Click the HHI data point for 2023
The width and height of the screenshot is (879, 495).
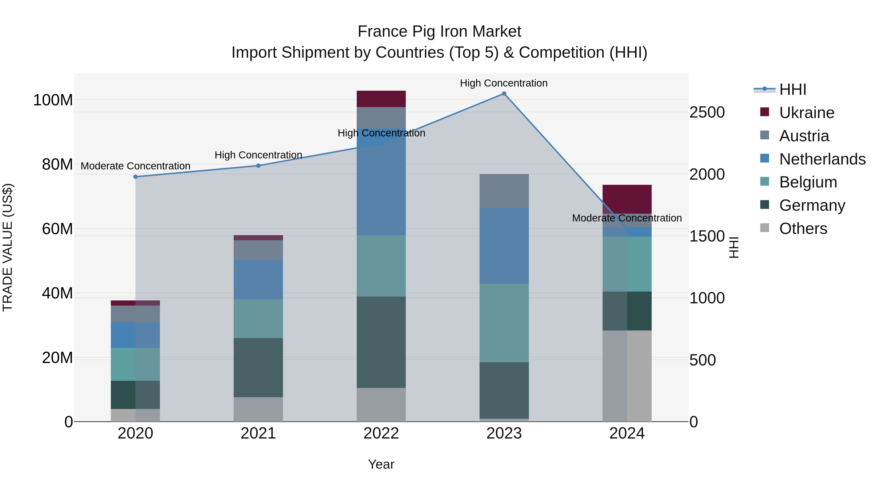[x=504, y=94]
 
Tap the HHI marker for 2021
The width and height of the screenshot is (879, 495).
[x=258, y=166]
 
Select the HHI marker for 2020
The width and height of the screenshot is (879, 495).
[x=136, y=177]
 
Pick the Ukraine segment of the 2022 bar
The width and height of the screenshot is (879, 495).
[x=381, y=99]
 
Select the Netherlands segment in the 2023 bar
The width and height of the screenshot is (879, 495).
[x=504, y=246]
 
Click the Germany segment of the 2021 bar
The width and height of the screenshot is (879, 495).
[x=258, y=368]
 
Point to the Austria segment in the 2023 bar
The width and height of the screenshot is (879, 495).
[x=504, y=191]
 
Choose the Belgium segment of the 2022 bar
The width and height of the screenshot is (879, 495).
[x=381, y=266]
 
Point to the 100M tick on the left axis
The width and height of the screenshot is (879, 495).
[x=53, y=100]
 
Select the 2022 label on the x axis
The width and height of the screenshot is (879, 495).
[x=381, y=433]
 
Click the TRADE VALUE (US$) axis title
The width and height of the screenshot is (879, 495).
[x=8, y=247]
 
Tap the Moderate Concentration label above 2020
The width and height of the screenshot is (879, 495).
[x=136, y=166]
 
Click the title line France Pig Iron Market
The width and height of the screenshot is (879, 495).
[x=439, y=32]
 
